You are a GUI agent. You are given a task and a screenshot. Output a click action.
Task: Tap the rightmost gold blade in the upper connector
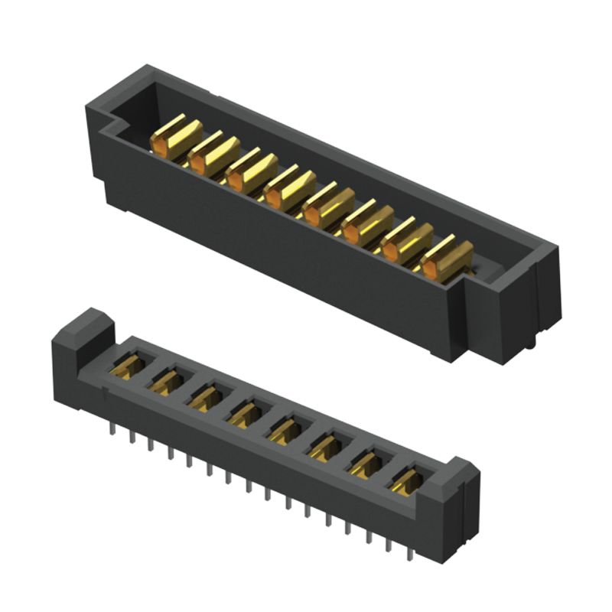[x=447, y=260]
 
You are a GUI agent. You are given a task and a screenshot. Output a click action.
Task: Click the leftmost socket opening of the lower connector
[x=128, y=366]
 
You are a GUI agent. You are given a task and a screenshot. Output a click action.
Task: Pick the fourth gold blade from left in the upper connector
[x=290, y=189]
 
